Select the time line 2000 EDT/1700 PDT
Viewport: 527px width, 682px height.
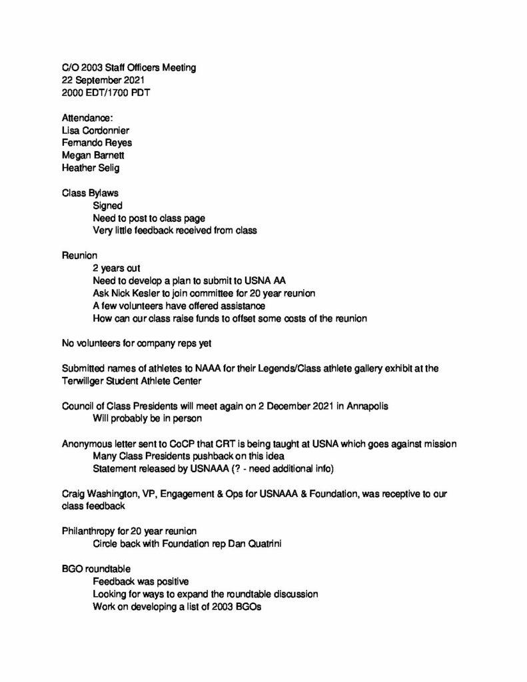106,93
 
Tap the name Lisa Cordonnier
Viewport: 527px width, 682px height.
101,130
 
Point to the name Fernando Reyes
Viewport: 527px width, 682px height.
97,143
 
